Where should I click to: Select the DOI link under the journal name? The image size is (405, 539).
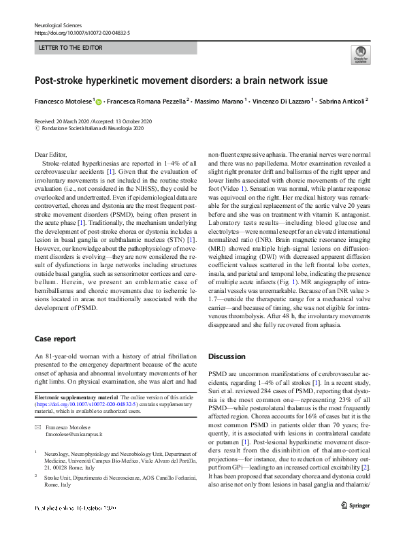82,32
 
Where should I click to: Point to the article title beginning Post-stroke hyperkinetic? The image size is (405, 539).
181,80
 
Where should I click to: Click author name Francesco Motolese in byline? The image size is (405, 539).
65,102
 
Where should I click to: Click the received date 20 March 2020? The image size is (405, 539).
74,121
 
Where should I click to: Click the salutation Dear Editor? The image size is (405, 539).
51,156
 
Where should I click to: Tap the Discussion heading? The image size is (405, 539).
226,356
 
